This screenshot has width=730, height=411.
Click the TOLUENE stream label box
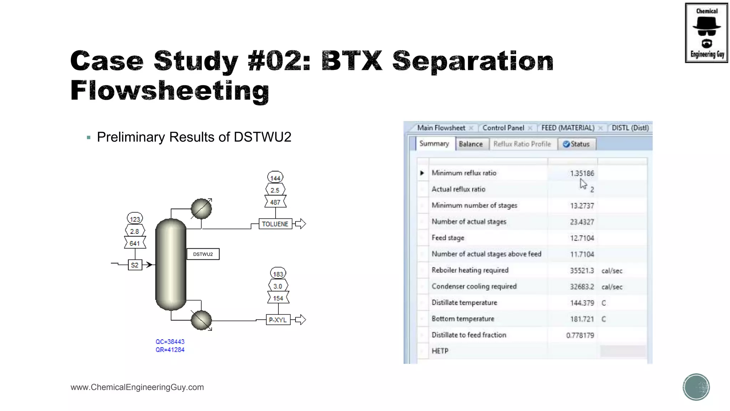point(275,224)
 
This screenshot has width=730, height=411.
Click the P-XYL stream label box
point(278,320)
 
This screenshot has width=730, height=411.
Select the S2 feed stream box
point(135,265)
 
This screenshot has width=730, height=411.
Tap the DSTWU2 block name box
point(203,254)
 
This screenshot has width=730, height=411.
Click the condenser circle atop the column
point(201,209)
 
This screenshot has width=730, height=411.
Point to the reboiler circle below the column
point(201,320)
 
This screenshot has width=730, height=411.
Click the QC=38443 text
point(170,342)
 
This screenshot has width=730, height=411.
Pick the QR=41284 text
point(170,350)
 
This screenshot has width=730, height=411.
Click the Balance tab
point(471,144)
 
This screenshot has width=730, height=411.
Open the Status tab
point(576,144)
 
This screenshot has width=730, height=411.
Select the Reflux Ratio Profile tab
point(522,144)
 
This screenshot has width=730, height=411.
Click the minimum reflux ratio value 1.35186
point(582,173)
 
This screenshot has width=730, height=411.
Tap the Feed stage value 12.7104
point(582,238)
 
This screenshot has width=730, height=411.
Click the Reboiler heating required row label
point(470,270)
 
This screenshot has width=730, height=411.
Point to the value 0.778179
point(580,335)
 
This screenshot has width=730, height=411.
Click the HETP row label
point(440,351)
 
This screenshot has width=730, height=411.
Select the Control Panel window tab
point(503,128)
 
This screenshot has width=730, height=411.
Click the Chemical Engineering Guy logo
point(706,33)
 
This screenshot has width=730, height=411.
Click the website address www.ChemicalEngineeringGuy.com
point(137,387)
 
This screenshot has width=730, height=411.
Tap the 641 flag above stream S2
point(135,243)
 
